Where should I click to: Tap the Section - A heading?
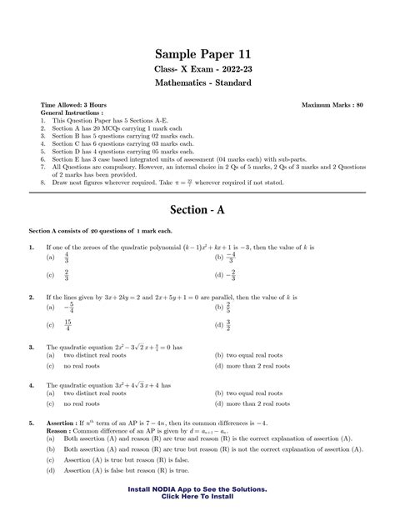pyautogui.click(x=197, y=209)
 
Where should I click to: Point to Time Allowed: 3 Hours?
pyautogui.click(x=74, y=106)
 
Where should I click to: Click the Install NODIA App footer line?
pyautogui.click(x=197, y=488)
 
